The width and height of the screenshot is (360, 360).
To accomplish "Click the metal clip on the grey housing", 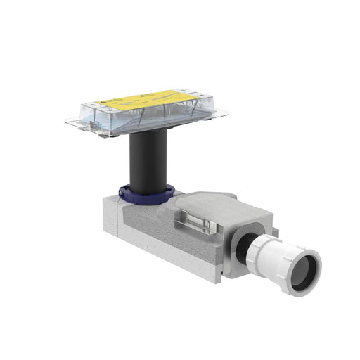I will coord(199,224).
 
